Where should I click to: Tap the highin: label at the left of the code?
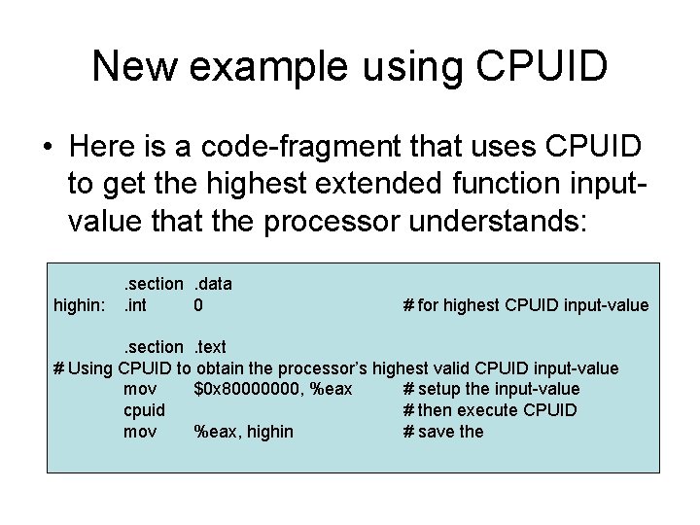(80, 305)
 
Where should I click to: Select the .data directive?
(213, 284)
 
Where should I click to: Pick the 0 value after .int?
(198, 305)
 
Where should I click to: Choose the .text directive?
(209, 347)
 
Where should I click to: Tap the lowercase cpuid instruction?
(144, 410)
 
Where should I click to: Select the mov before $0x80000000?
(140, 390)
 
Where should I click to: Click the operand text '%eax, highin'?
(243, 432)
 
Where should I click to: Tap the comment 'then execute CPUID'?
(496, 410)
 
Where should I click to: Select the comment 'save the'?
(449, 432)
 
